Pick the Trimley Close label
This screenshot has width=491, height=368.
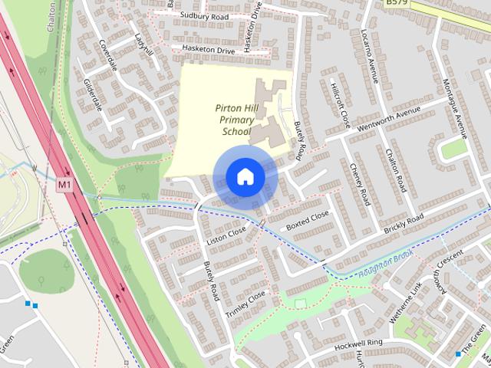(x=245, y=305)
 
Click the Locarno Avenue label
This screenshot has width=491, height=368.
(x=371, y=55)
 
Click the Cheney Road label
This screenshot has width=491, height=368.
(x=360, y=184)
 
